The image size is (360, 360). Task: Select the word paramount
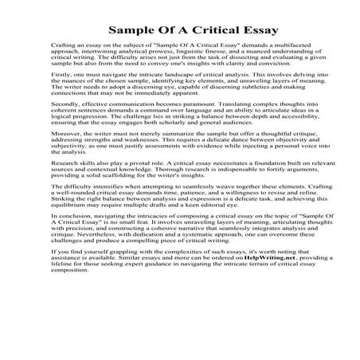(189, 126)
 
